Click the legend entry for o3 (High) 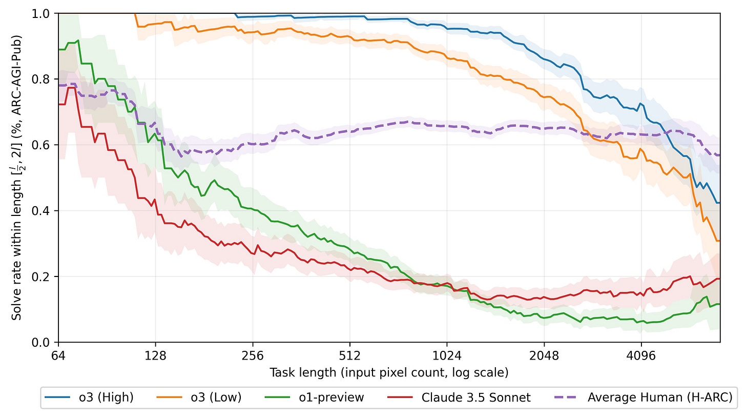88,397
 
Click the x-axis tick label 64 58,354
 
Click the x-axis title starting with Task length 389,372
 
